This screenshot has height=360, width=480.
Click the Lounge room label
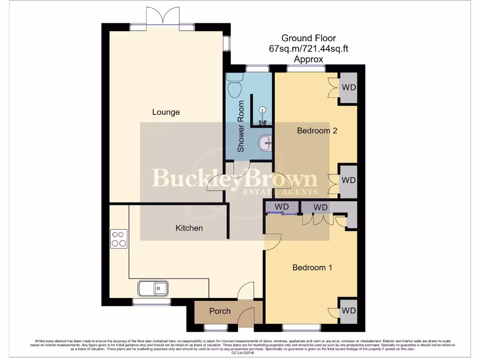tap(166, 112)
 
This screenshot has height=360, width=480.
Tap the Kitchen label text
tap(189, 228)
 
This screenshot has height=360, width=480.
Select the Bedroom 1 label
tap(312, 268)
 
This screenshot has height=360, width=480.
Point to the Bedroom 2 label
tap(317, 131)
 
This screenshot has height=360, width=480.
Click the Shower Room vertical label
tap(241, 126)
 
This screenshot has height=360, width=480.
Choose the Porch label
tap(220, 311)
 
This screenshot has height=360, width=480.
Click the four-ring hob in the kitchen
tap(119, 239)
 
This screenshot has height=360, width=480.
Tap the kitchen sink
tap(153, 288)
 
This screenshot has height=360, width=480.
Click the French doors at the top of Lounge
tap(162, 19)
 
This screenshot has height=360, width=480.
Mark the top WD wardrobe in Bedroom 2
tap(348, 88)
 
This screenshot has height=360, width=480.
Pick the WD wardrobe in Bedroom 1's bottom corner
tap(348, 311)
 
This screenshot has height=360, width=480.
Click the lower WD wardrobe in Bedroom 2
tap(348, 180)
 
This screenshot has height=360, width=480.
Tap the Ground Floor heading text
tap(308, 38)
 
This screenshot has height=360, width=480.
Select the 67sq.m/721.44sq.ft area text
tap(308, 48)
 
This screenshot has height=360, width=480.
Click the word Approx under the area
tap(308, 59)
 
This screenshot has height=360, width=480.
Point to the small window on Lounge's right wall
tap(227, 44)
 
